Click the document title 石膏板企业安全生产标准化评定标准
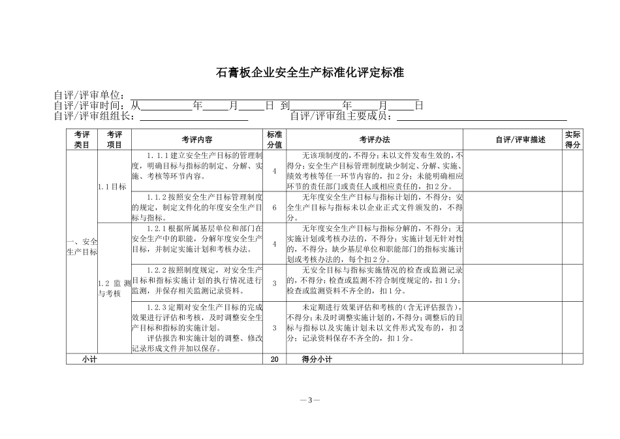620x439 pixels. (310, 73)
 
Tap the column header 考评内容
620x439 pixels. (197, 140)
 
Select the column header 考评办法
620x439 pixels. (374, 140)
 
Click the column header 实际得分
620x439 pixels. (572, 140)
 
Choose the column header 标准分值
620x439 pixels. (275, 140)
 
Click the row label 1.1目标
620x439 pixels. (112, 186)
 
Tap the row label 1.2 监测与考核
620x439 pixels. (112, 288)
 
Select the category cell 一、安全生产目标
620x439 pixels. (82, 246)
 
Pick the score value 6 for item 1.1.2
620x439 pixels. (275, 207)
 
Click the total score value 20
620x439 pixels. (275, 359)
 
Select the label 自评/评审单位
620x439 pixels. (91, 95)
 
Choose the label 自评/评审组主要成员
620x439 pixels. (343, 116)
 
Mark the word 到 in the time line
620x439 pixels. (285, 105)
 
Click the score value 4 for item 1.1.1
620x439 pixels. (275, 171)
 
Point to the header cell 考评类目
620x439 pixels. (82, 140)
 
